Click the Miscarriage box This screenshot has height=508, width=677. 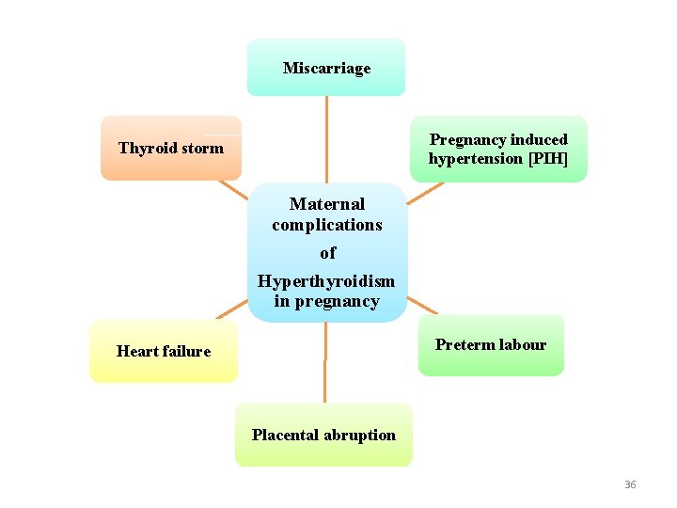pos(326,68)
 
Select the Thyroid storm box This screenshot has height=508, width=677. pos(171,148)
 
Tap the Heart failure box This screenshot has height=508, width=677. pos(164,351)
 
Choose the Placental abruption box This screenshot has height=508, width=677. pos(323,435)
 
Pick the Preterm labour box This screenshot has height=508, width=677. pos(491,345)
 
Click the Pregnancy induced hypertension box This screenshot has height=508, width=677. pos(498,149)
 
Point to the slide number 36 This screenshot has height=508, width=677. pos(630,484)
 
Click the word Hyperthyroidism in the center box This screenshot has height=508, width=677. pos(326,281)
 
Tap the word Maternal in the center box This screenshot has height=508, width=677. pos(327,204)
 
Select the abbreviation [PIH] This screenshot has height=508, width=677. pos(548,158)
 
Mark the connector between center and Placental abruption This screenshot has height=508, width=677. pos(324,363)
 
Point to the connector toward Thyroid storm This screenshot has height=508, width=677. pos(234,189)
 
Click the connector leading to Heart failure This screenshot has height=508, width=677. pos(232,310)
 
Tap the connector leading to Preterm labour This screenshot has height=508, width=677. pos(422,306)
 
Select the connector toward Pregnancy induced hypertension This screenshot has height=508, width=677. pos(425,192)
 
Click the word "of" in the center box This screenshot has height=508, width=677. pos(327,252)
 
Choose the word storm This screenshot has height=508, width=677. pos(203,148)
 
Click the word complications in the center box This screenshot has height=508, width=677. pos(327,225)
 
